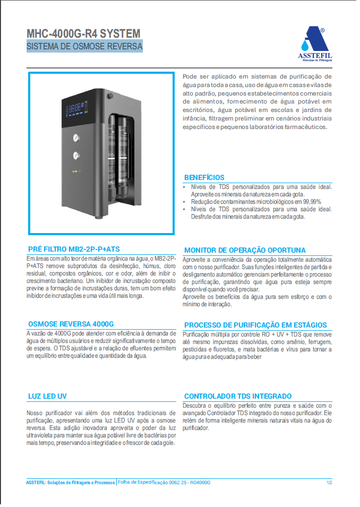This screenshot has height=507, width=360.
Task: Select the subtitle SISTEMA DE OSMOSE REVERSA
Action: click(x=84, y=47)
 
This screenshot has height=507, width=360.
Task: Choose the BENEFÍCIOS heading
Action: click(x=204, y=177)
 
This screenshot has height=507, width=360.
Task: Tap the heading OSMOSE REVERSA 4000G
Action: click(x=71, y=324)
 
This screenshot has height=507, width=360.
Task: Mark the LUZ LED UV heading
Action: click(x=47, y=397)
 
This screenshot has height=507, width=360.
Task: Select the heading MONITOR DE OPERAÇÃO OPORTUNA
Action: click(x=245, y=250)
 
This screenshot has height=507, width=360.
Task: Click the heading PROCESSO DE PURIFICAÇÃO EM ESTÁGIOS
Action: click(x=255, y=325)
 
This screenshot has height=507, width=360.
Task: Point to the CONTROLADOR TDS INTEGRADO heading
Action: click(x=238, y=396)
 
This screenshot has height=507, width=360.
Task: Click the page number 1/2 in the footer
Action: click(x=329, y=483)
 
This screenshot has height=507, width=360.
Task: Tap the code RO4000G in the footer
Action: click(x=200, y=483)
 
